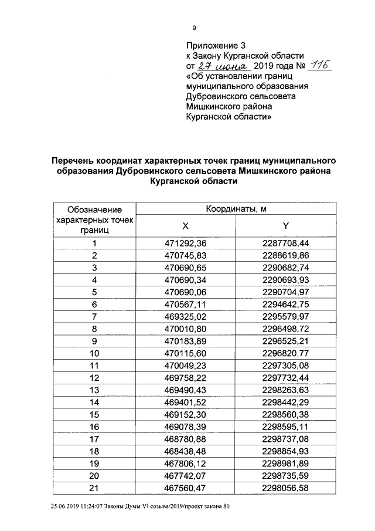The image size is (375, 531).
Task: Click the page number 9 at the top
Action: coord(194,28)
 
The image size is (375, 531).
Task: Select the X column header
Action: coord(186,226)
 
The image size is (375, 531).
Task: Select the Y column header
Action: coord(286,226)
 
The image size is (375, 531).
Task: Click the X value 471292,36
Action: coord(186,243)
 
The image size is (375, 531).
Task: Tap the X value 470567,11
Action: coord(186,304)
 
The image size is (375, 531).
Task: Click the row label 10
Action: coord(94,353)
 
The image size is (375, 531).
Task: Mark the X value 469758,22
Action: coord(186,377)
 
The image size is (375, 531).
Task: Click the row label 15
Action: coord(94,414)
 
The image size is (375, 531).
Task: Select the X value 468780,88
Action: coord(186,438)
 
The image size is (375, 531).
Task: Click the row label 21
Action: coord(94,487)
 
